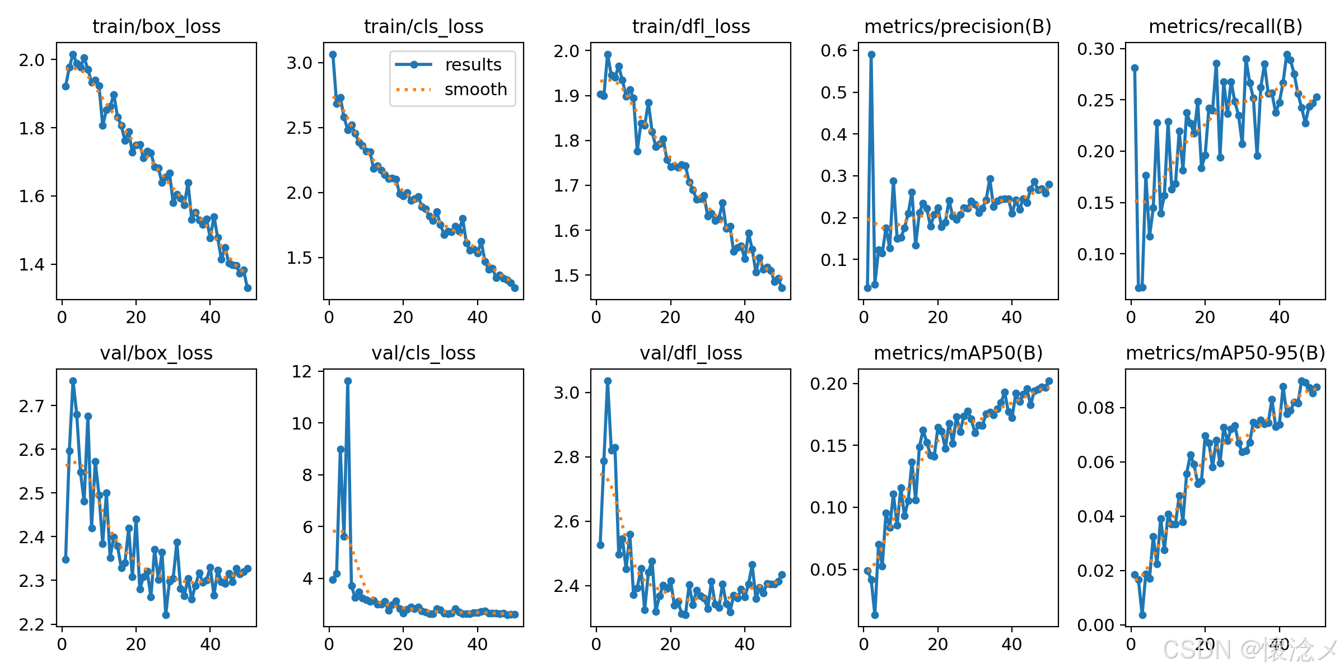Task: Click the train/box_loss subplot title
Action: coord(156,26)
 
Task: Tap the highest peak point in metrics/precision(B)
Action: coord(871,55)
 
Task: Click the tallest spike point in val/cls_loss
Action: coord(348,381)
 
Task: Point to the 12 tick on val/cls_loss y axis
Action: coord(302,371)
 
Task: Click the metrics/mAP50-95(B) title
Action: coord(1225,353)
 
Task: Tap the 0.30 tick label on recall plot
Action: coord(1095,49)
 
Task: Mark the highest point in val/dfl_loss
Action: coord(608,381)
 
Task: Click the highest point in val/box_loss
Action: coord(73,381)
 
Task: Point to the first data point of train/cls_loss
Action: coord(333,55)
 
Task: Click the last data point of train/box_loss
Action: coord(248,288)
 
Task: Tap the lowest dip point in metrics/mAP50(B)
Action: coord(875,615)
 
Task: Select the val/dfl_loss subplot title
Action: coord(690,353)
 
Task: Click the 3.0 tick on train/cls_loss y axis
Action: coord(300,63)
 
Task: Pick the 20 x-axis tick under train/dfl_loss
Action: coord(670,318)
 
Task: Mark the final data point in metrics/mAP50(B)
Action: coord(1049,381)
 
